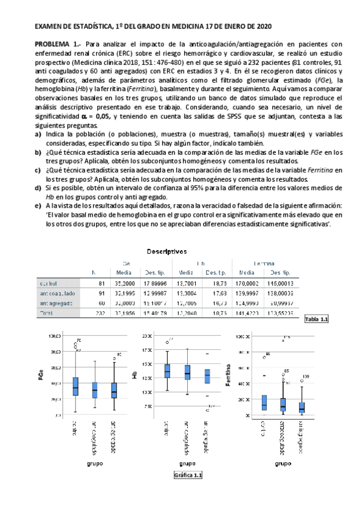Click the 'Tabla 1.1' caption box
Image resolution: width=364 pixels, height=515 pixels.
point(315,319)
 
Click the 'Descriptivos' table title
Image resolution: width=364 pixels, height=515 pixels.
point(166,251)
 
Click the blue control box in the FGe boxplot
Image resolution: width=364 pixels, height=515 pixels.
point(75,386)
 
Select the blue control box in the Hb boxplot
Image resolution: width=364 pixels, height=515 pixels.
point(167,371)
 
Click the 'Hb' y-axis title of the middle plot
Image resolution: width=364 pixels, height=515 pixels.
point(134,375)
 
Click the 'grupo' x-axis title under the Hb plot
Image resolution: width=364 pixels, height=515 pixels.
point(188,463)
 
